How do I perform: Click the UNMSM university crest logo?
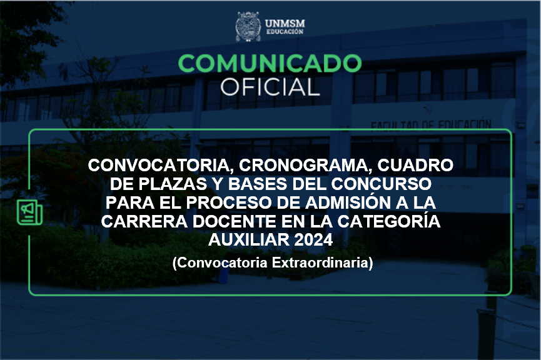[248, 26]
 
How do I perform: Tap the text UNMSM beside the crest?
[285, 24]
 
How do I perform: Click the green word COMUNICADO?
[270, 64]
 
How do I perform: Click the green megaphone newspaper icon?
[29, 212]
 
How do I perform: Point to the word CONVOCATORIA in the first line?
[159, 166]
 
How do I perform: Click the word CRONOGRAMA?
[305, 166]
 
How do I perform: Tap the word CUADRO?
[415, 165]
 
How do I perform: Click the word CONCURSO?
[382, 184]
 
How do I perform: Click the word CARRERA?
[144, 221]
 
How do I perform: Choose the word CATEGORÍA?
[389, 221]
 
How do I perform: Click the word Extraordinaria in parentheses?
[322, 262]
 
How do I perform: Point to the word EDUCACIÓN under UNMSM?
[285, 32]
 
